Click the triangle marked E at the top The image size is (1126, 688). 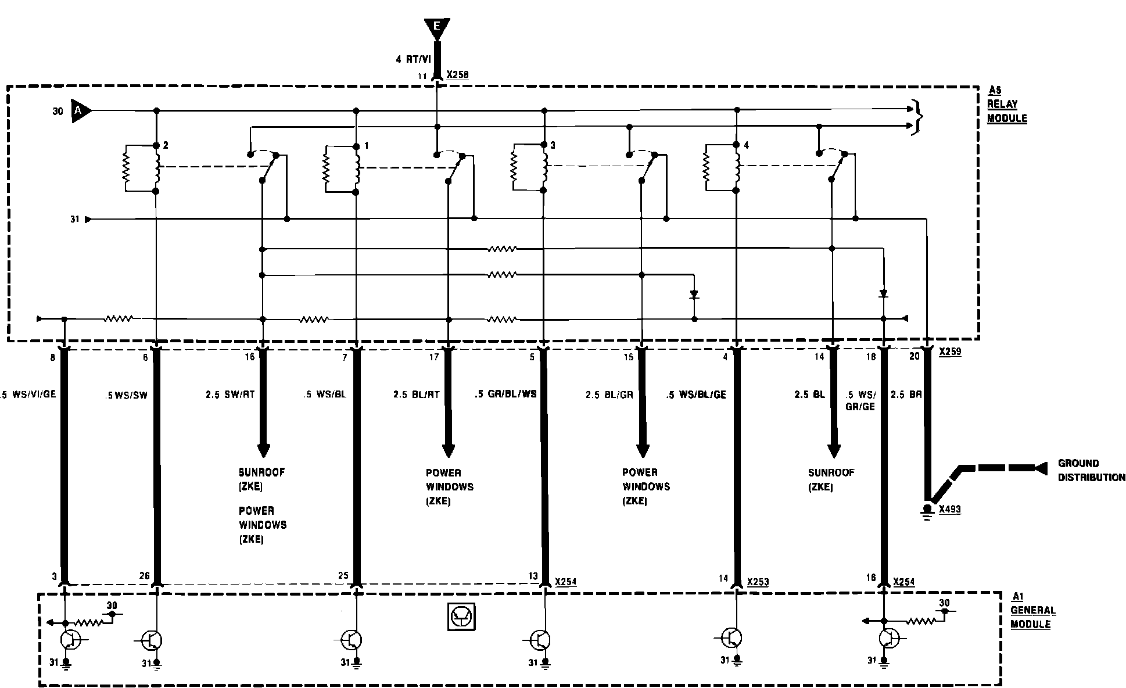(436, 28)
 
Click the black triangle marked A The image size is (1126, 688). (80, 110)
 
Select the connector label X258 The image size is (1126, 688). (457, 75)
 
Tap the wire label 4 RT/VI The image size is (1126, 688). (414, 59)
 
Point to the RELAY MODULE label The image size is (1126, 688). (1007, 105)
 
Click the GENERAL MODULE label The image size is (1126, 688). (1032, 610)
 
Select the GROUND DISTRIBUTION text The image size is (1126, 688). (1091, 470)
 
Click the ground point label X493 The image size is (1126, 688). (950, 510)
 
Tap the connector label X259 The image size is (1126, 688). (950, 352)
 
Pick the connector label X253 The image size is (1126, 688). (758, 582)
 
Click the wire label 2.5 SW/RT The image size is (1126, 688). (230, 395)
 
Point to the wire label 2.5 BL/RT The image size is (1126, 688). (416, 395)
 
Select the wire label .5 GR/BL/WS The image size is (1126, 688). (505, 394)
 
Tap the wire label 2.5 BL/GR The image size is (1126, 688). (609, 395)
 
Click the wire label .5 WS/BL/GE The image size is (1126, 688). (695, 395)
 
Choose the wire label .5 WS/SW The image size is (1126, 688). (127, 395)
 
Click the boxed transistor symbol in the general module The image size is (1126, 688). (462, 617)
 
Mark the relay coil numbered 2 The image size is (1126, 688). (156, 168)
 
